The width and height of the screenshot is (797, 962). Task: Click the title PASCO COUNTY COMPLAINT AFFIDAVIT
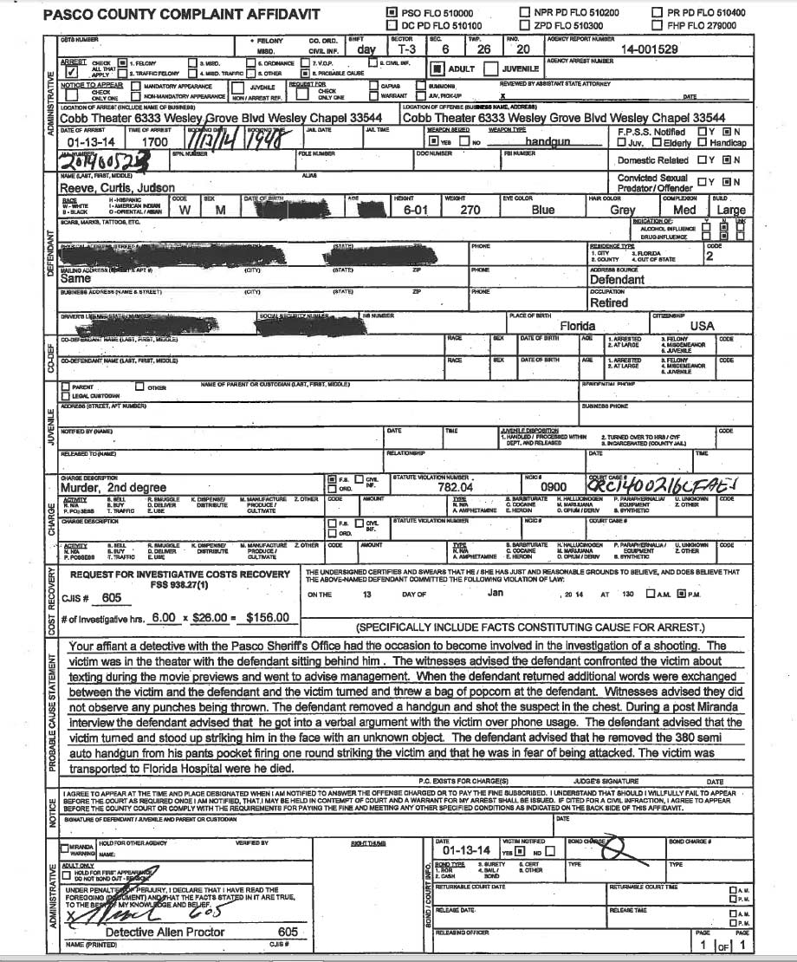(x=169, y=16)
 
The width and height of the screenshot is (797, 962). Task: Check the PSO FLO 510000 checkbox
(x=391, y=13)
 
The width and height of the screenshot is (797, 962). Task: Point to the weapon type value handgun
(x=546, y=140)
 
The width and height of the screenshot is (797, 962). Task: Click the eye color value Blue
(x=543, y=208)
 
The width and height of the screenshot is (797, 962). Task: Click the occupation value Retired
(x=610, y=303)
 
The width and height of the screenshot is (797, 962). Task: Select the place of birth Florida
(x=577, y=326)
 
